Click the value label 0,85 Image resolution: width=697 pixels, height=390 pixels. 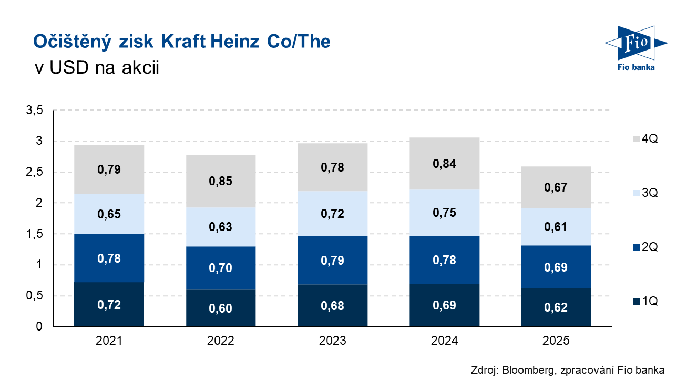[x=221, y=181]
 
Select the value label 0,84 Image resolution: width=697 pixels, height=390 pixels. [x=445, y=164]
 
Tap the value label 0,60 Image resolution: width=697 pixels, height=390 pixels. [x=221, y=308]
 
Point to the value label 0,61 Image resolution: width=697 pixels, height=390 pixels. [x=556, y=227]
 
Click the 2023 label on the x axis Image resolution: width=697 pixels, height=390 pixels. [x=333, y=341]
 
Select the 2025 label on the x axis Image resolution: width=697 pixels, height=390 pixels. [x=556, y=341]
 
